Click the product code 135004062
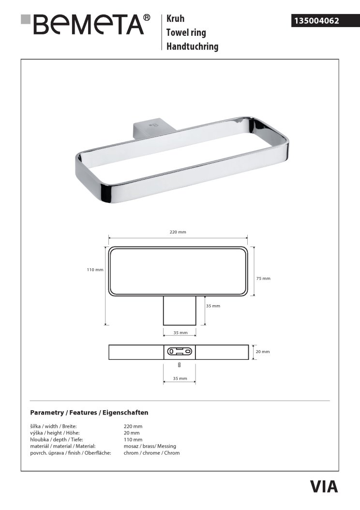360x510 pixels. pos(315,21)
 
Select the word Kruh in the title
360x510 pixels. pos(175,19)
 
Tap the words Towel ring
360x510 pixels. pos(186,32)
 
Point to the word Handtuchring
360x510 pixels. pos(192,46)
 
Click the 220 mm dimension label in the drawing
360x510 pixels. pos(178,232)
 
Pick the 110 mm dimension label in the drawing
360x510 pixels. pos(95,270)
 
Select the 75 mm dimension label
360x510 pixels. pos(263,278)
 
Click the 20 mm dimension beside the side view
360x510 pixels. pos(262,352)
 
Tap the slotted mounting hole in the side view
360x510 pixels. pos(180,351)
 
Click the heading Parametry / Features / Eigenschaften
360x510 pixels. pos(89,413)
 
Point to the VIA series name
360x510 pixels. pos(324,486)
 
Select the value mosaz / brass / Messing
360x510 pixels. pos(150,446)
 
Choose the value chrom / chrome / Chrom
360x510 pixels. pos(151,453)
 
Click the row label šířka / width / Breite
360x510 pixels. pos(53,426)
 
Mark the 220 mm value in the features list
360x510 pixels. pos(133,426)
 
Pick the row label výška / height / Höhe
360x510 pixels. pos(55,433)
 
